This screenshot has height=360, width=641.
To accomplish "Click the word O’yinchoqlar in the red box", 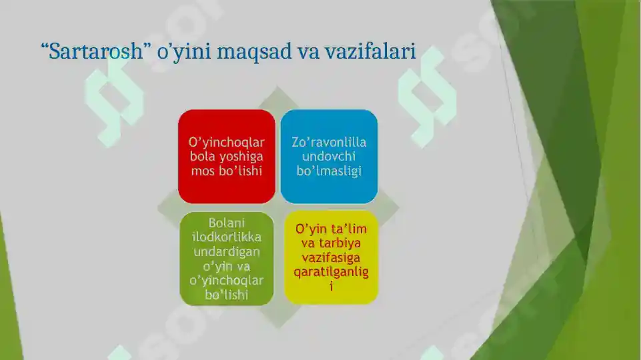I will coord(227,142).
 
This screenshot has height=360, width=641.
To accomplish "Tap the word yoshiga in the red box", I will coord(241,157).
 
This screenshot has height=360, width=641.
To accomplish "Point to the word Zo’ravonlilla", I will coord(329,142).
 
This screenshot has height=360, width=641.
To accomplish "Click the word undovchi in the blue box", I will coord(329,157).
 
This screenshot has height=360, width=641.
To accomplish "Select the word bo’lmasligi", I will coord(329,171).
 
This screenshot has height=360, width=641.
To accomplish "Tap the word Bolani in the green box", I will coord(227,223).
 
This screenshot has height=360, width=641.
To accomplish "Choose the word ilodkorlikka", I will coord(227,237).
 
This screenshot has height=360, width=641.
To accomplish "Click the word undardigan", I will coord(227,252).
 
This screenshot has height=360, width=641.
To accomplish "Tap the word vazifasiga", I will coord(331,258).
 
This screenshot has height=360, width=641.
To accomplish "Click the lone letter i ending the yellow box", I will coord(331,287).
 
